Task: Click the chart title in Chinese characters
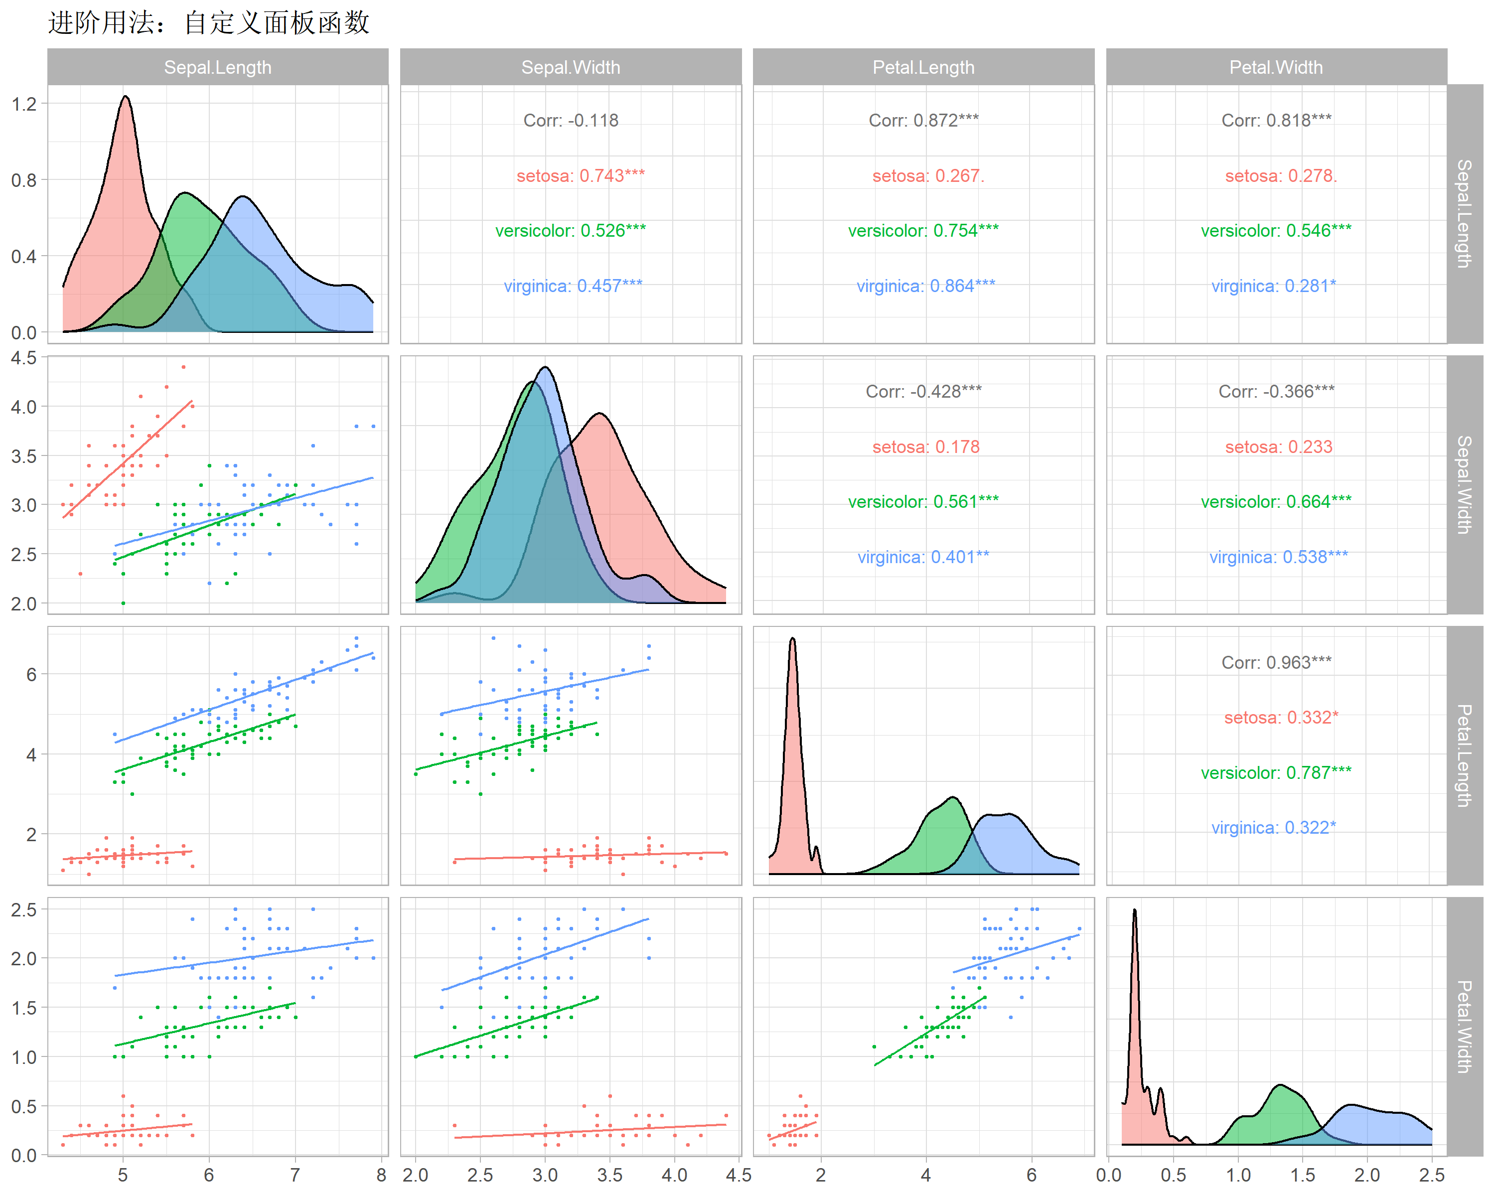pyautogui.click(x=208, y=22)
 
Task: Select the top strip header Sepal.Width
pyautogui.click(x=570, y=67)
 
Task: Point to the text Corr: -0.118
pyautogui.click(x=570, y=121)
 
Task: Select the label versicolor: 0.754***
pyautogui.click(x=923, y=230)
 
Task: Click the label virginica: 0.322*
pyautogui.click(x=1273, y=827)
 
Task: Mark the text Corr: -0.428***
pyautogui.click(x=923, y=392)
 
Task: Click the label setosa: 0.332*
pyautogui.click(x=1280, y=717)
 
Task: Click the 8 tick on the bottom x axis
pyautogui.click(x=381, y=1175)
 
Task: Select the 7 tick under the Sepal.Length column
pyautogui.click(x=295, y=1175)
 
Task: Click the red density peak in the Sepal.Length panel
pyautogui.click(x=126, y=98)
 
